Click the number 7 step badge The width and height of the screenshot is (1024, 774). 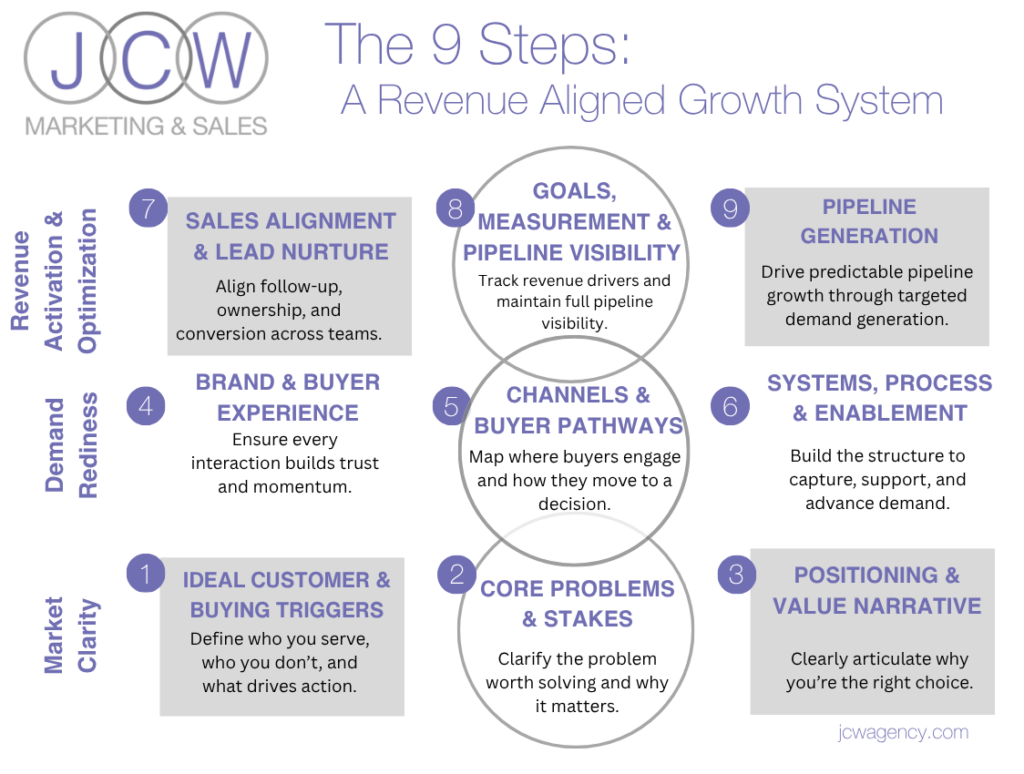click(148, 208)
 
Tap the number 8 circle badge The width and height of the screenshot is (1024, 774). click(455, 208)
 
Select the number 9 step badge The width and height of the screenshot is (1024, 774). click(730, 208)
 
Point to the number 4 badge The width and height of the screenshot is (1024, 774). click(146, 406)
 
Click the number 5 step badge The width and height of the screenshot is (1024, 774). click(451, 406)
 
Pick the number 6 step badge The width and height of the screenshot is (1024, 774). click(730, 406)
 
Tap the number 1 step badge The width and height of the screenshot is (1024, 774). click(145, 573)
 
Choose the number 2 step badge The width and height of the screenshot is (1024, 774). click(456, 574)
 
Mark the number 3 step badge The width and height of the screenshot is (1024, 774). click(737, 574)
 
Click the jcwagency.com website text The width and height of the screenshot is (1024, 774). click(903, 733)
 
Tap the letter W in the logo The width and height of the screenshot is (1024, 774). click(222, 60)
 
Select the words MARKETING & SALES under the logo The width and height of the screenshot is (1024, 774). click(146, 125)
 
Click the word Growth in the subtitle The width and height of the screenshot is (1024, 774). click(740, 101)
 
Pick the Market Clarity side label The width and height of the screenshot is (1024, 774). click(71, 635)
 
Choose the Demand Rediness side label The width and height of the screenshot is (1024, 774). click(71, 445)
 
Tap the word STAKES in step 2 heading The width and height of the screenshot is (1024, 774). click(588, 619)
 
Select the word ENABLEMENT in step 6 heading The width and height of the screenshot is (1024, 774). click(891, 413)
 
